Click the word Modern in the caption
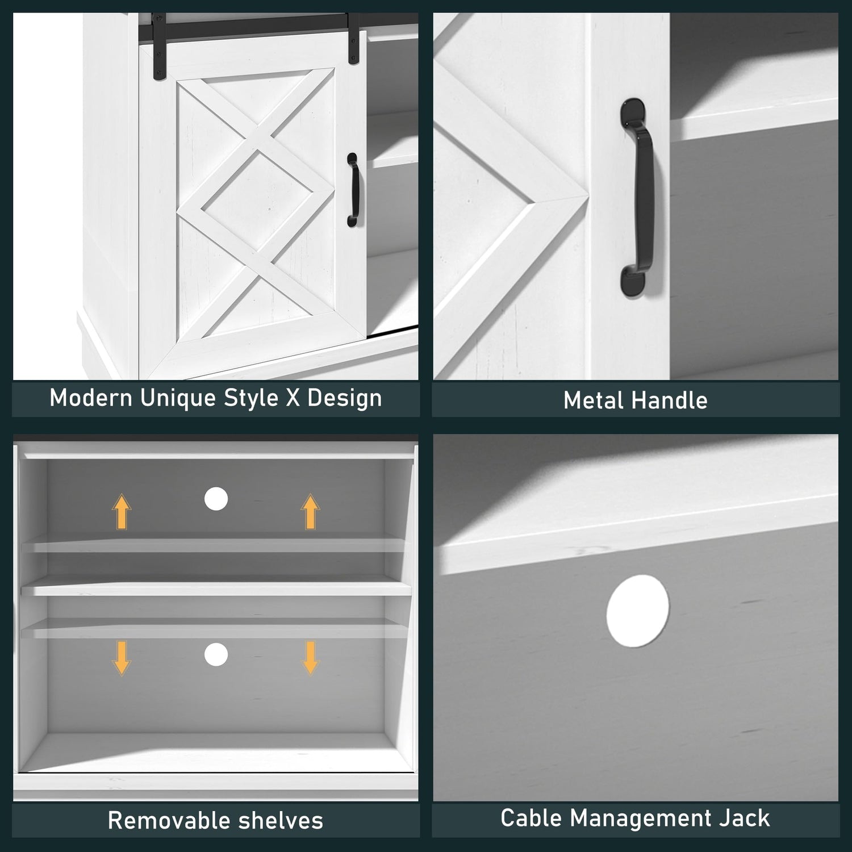point(90,398)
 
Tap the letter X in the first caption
point(293,398)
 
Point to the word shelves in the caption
point(281,821)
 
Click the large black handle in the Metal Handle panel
point(637,197)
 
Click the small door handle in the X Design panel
point(353,190)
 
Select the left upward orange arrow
point(122,512)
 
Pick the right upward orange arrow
point(310,512)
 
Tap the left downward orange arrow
point(122,658)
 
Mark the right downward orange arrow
point(310,658)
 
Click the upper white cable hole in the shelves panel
point(216,499)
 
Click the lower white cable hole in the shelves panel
point(216,655)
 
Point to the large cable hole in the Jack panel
point(638,611)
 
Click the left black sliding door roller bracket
point(159,44)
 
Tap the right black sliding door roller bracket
point(354,37)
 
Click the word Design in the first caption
point(345,398)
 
